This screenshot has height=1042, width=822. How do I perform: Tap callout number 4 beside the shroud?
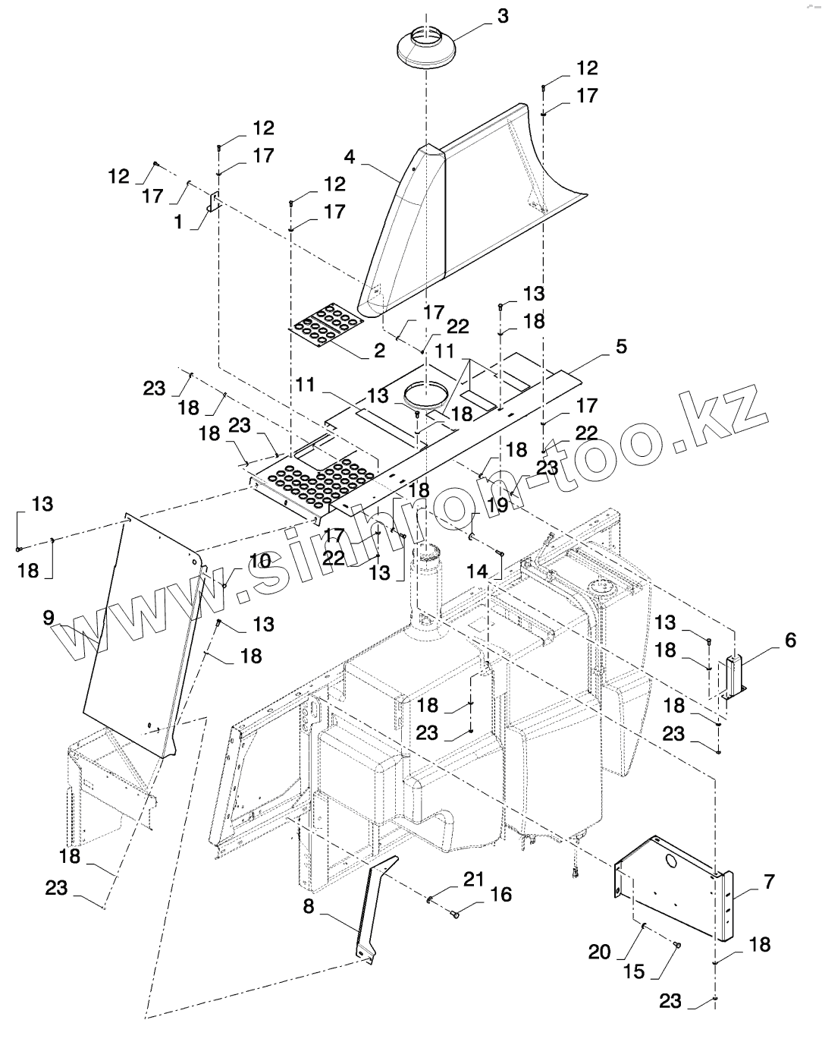pos(350,158)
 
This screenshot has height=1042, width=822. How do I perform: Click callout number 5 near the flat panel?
pos(621,347)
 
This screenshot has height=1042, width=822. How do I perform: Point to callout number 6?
pos(790,640)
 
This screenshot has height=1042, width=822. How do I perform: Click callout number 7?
pos(769,882)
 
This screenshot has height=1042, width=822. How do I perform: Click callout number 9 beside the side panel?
pos(49,617)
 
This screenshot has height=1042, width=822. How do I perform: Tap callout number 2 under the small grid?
pos(379,351)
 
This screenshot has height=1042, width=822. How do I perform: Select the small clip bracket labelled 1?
pos(214,202)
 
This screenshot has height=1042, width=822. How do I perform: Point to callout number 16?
pos(500,894)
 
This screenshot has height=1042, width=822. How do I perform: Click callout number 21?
pos(473,878)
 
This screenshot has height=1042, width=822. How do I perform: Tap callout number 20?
pos(600,952)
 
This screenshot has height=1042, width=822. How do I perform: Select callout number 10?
pos(260,561)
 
